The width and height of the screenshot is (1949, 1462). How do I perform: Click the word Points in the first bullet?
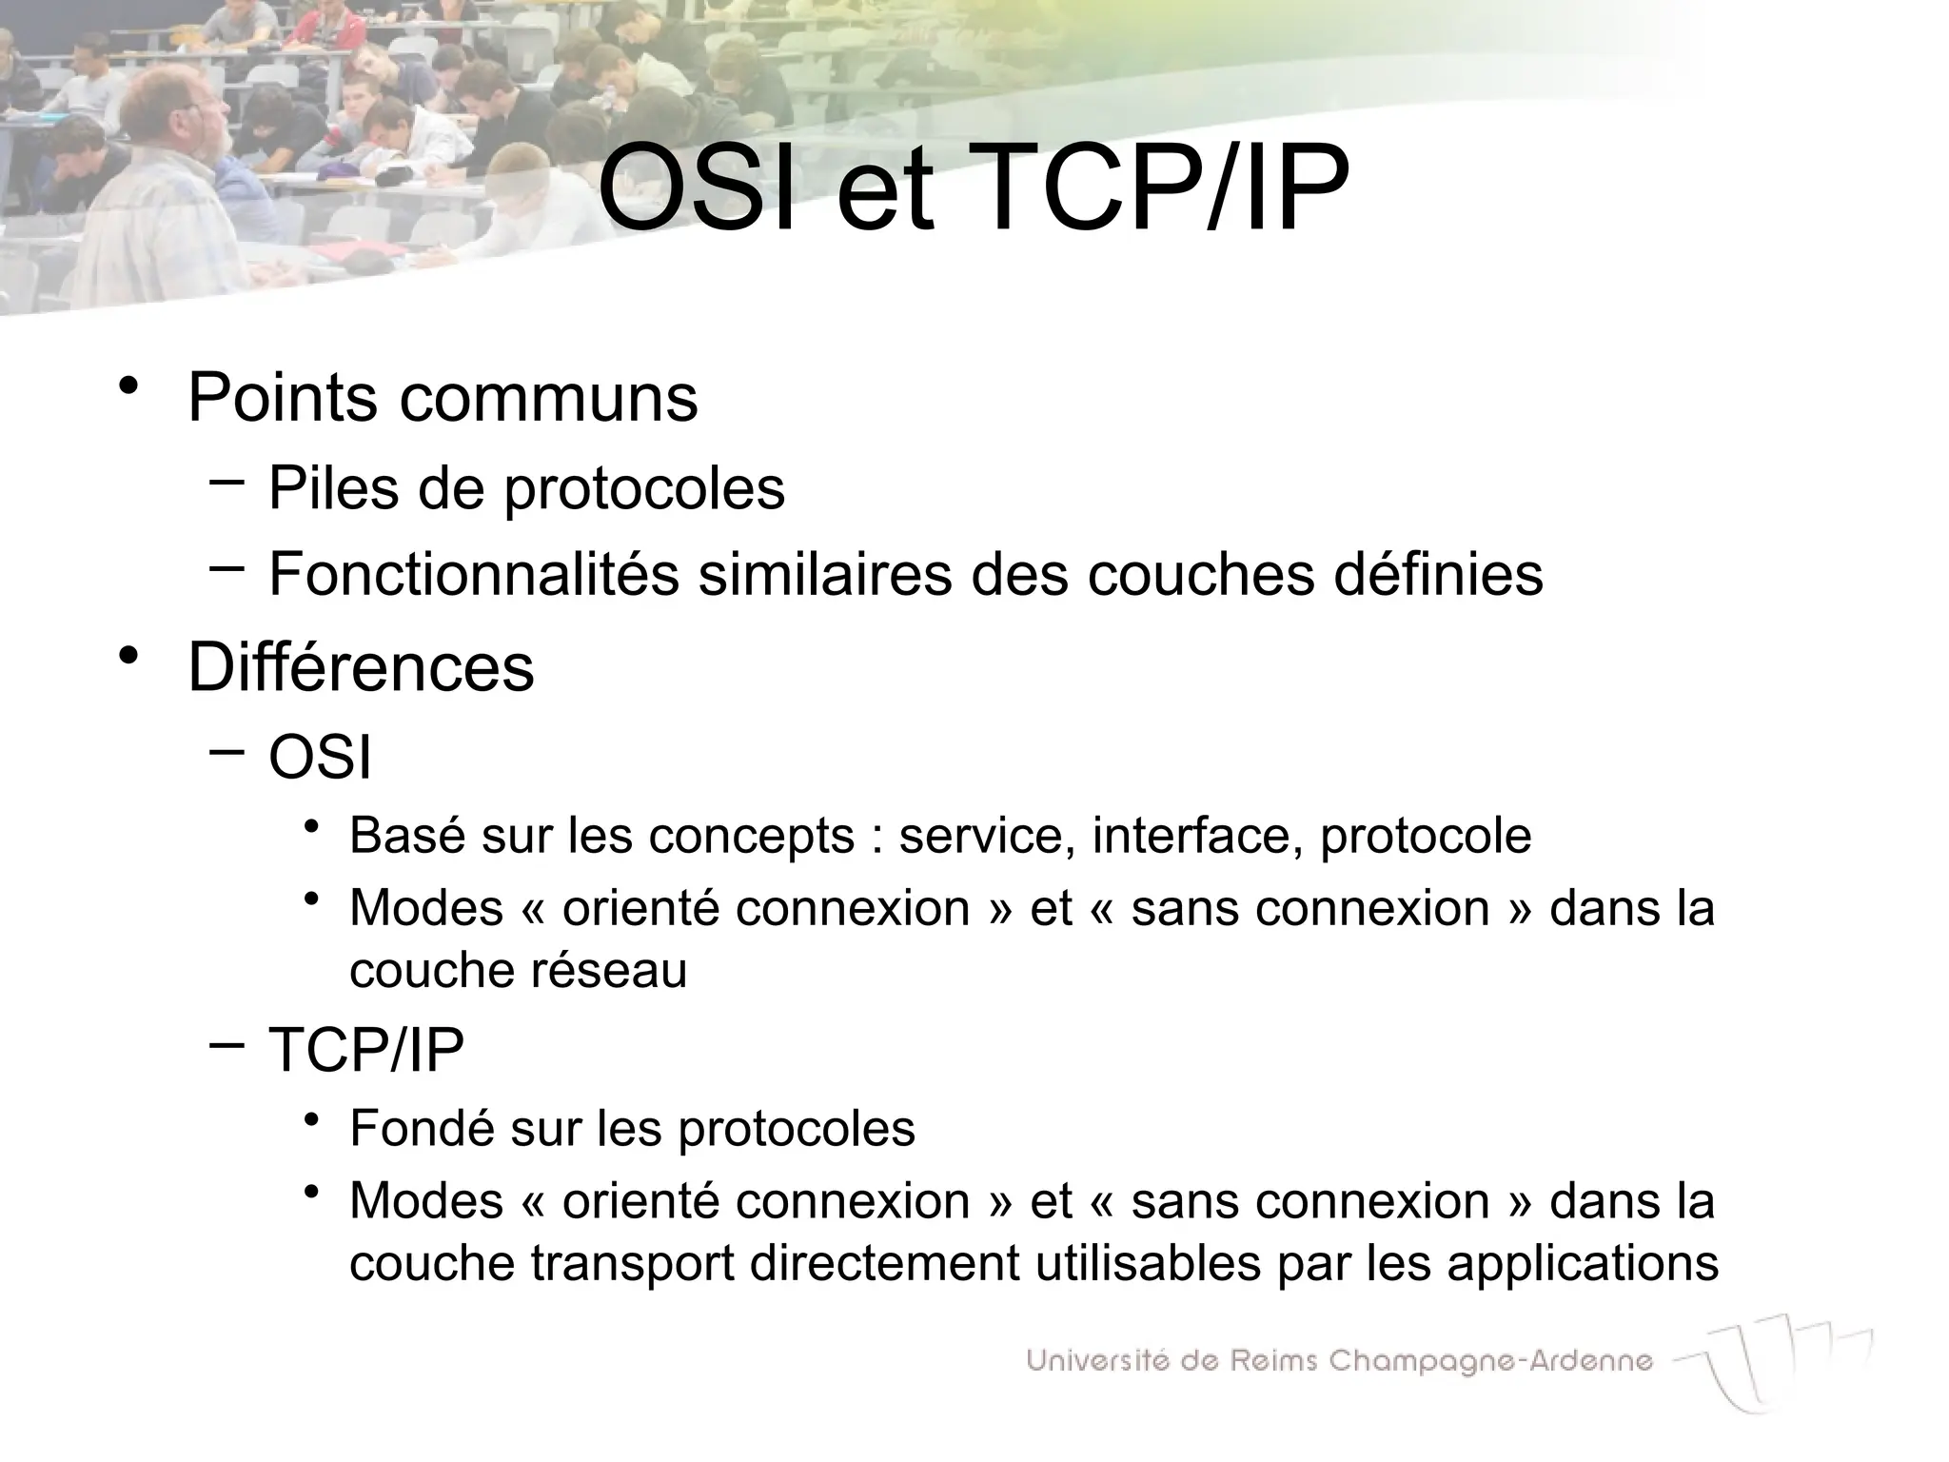(283, 397)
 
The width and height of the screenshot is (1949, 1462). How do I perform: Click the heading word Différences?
(361, 667)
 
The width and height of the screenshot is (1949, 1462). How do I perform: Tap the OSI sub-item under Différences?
(320, 759)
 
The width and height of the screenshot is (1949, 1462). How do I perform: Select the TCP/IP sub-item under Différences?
(366, 1051)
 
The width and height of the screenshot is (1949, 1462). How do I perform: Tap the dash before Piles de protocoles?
(226, 482)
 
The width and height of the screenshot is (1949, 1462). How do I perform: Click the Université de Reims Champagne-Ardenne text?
(1339, 1361)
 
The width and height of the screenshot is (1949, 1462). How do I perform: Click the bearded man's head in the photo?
(187, 114)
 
